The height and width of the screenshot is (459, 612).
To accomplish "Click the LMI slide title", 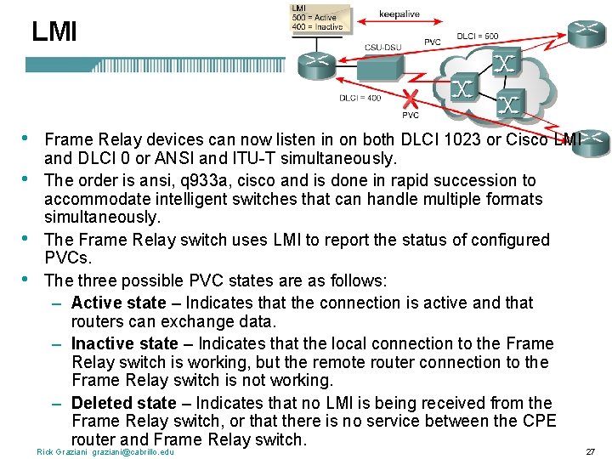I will [x=54, y=32].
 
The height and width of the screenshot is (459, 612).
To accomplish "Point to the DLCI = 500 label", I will [x=478, y=37].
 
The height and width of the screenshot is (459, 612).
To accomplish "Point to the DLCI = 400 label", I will [x=360, y=99].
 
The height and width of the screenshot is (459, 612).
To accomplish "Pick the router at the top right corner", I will [x=586, y=31].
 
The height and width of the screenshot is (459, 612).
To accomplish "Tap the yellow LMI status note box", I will [x=318, y=17].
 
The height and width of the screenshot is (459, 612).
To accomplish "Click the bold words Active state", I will [x=119, y=303].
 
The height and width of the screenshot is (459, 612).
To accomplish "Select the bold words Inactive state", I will [x=125, y=343].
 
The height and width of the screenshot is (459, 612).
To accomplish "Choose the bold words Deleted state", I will [x=123, y=403].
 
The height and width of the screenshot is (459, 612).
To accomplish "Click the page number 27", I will [x=590, y=451].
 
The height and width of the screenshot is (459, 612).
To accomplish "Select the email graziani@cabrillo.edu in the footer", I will [x=133, y=451].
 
